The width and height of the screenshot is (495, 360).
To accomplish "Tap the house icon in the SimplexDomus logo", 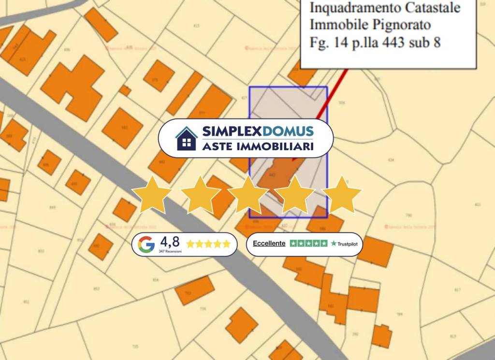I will [186, 138].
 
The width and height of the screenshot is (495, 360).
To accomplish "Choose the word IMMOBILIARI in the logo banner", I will [277, 146].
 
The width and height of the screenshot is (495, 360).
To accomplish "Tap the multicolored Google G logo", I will [146, 245].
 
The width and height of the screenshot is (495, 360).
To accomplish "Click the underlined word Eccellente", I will [269, 244].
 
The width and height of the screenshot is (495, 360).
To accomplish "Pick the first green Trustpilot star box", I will [293, 244].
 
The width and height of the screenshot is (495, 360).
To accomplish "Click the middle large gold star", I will [247, 194].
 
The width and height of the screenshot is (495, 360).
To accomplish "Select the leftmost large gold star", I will [152, 194].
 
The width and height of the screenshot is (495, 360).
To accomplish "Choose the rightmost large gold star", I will [341, 194].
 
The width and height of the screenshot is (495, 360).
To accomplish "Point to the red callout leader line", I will [332, 94].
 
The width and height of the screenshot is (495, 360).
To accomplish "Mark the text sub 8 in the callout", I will [425, 42].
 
